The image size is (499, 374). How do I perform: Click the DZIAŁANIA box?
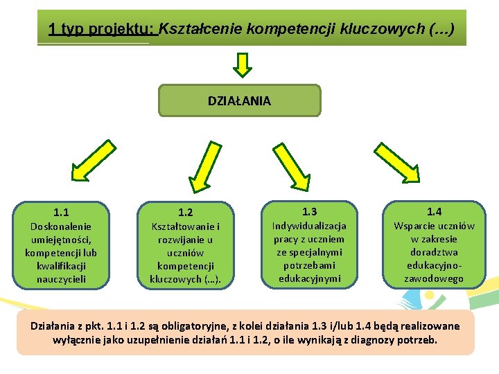pos(240,100)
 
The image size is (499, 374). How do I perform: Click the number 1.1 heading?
pos(61,213)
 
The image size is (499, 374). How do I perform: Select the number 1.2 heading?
pos(185,213)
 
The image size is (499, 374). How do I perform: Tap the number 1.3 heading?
pos(309,211)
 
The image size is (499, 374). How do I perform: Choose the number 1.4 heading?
pos(434,211)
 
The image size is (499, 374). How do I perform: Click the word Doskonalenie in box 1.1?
pos(61,226)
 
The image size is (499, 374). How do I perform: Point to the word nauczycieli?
pos(61,279)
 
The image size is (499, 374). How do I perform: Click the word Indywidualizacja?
pos(309,226)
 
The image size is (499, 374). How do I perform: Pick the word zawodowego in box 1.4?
pos(434,278)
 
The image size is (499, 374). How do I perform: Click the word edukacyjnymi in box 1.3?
pos(309,278)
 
